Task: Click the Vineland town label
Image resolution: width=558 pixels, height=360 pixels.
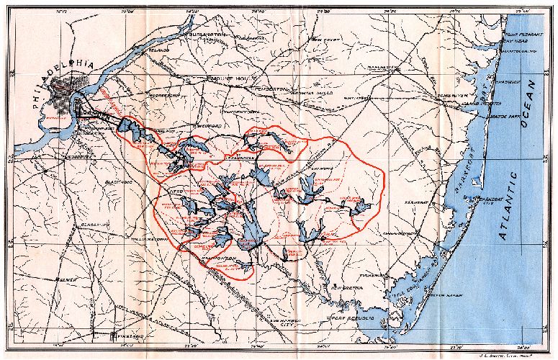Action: pyautogui.click(x=130, y=336)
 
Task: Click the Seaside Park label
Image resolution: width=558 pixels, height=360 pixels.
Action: pyautogui.click(x=503, y=116)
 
